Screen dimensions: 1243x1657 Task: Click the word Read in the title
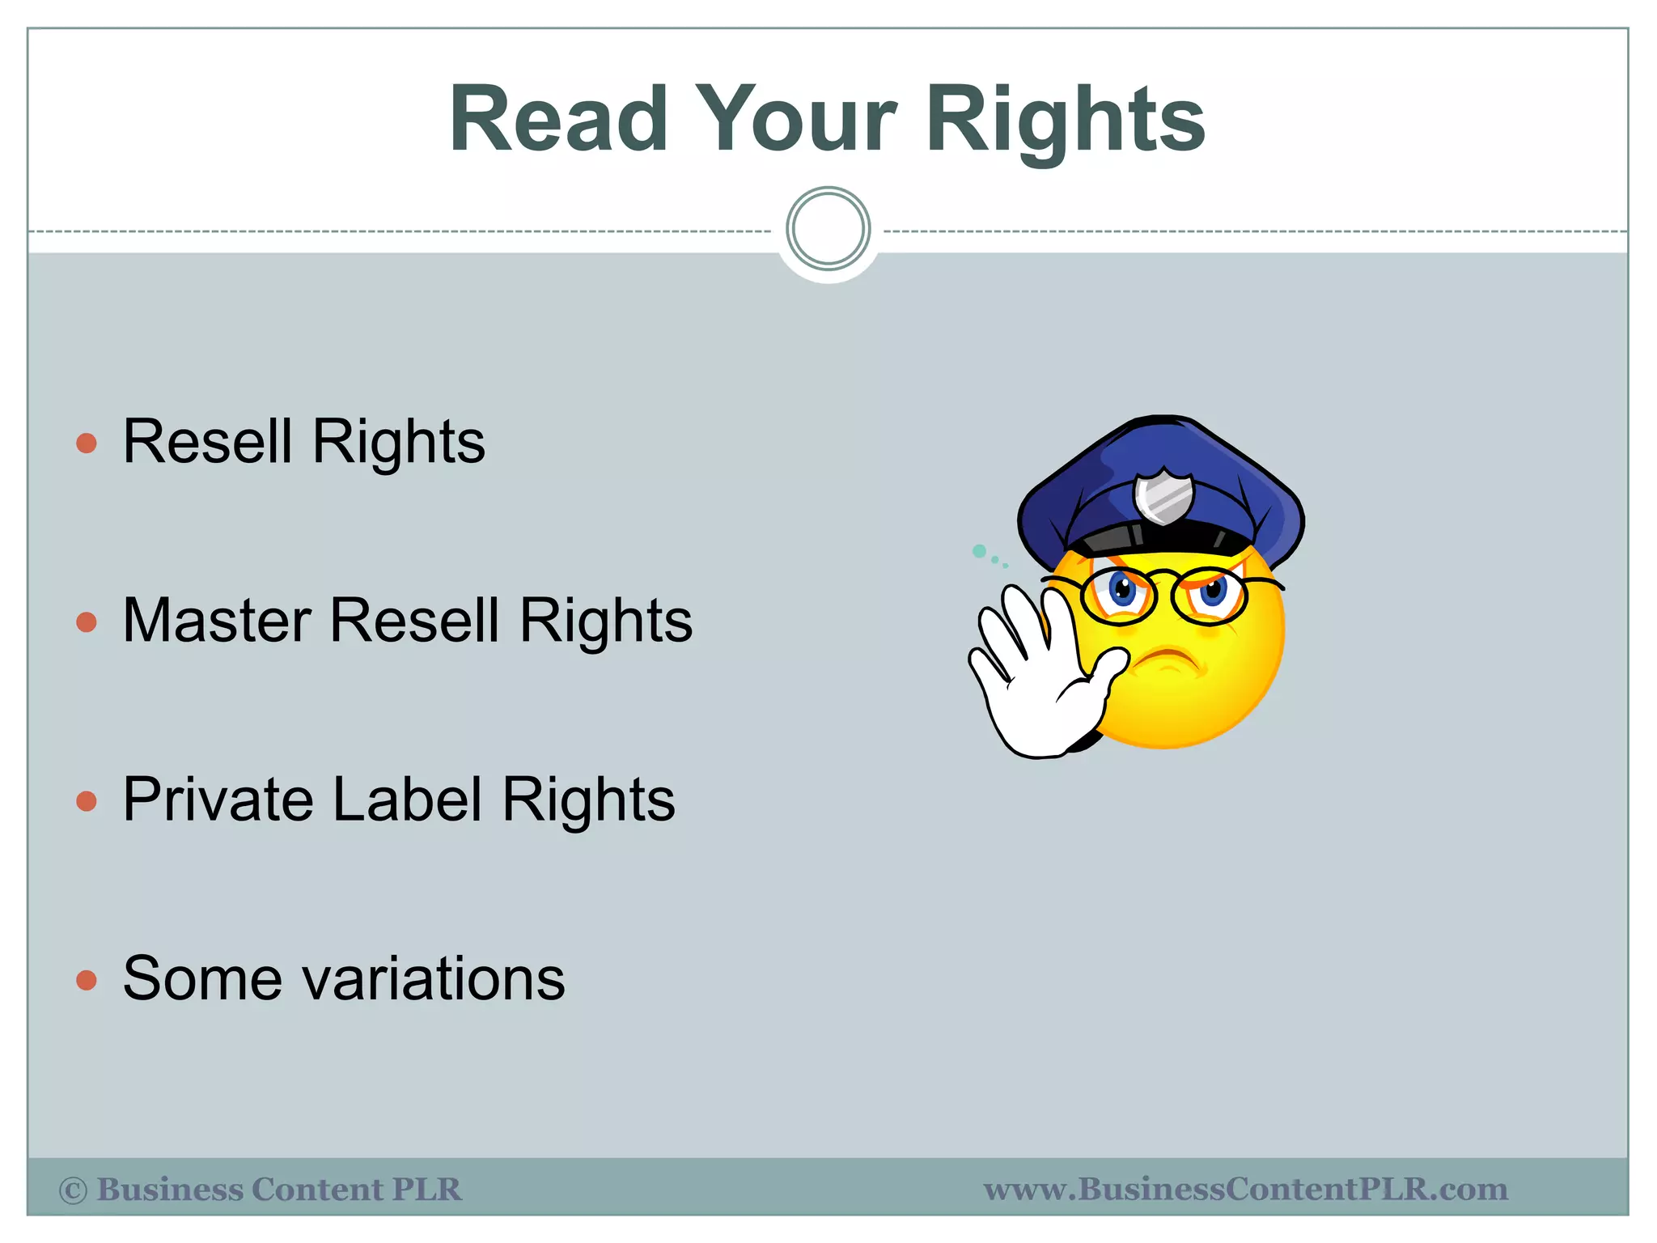tap(559, 120)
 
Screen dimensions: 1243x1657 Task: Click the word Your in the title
tap(796, 120)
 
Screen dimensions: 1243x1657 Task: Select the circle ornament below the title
tap(828, 229)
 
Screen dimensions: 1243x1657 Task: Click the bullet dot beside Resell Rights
tap(87, 443)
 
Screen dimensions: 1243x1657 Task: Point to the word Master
tap(217, 621)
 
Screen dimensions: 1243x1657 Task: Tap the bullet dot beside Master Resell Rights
tap(87, 622)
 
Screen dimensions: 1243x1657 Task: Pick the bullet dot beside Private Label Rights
tap(87, 801)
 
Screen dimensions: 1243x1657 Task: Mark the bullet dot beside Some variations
tap(87, 981)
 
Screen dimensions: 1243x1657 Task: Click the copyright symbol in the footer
tap(74, 1190)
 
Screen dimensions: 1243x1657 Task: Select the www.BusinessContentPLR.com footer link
tap(1245, 1190)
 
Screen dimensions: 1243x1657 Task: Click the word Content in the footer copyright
tap(316, 1190)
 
